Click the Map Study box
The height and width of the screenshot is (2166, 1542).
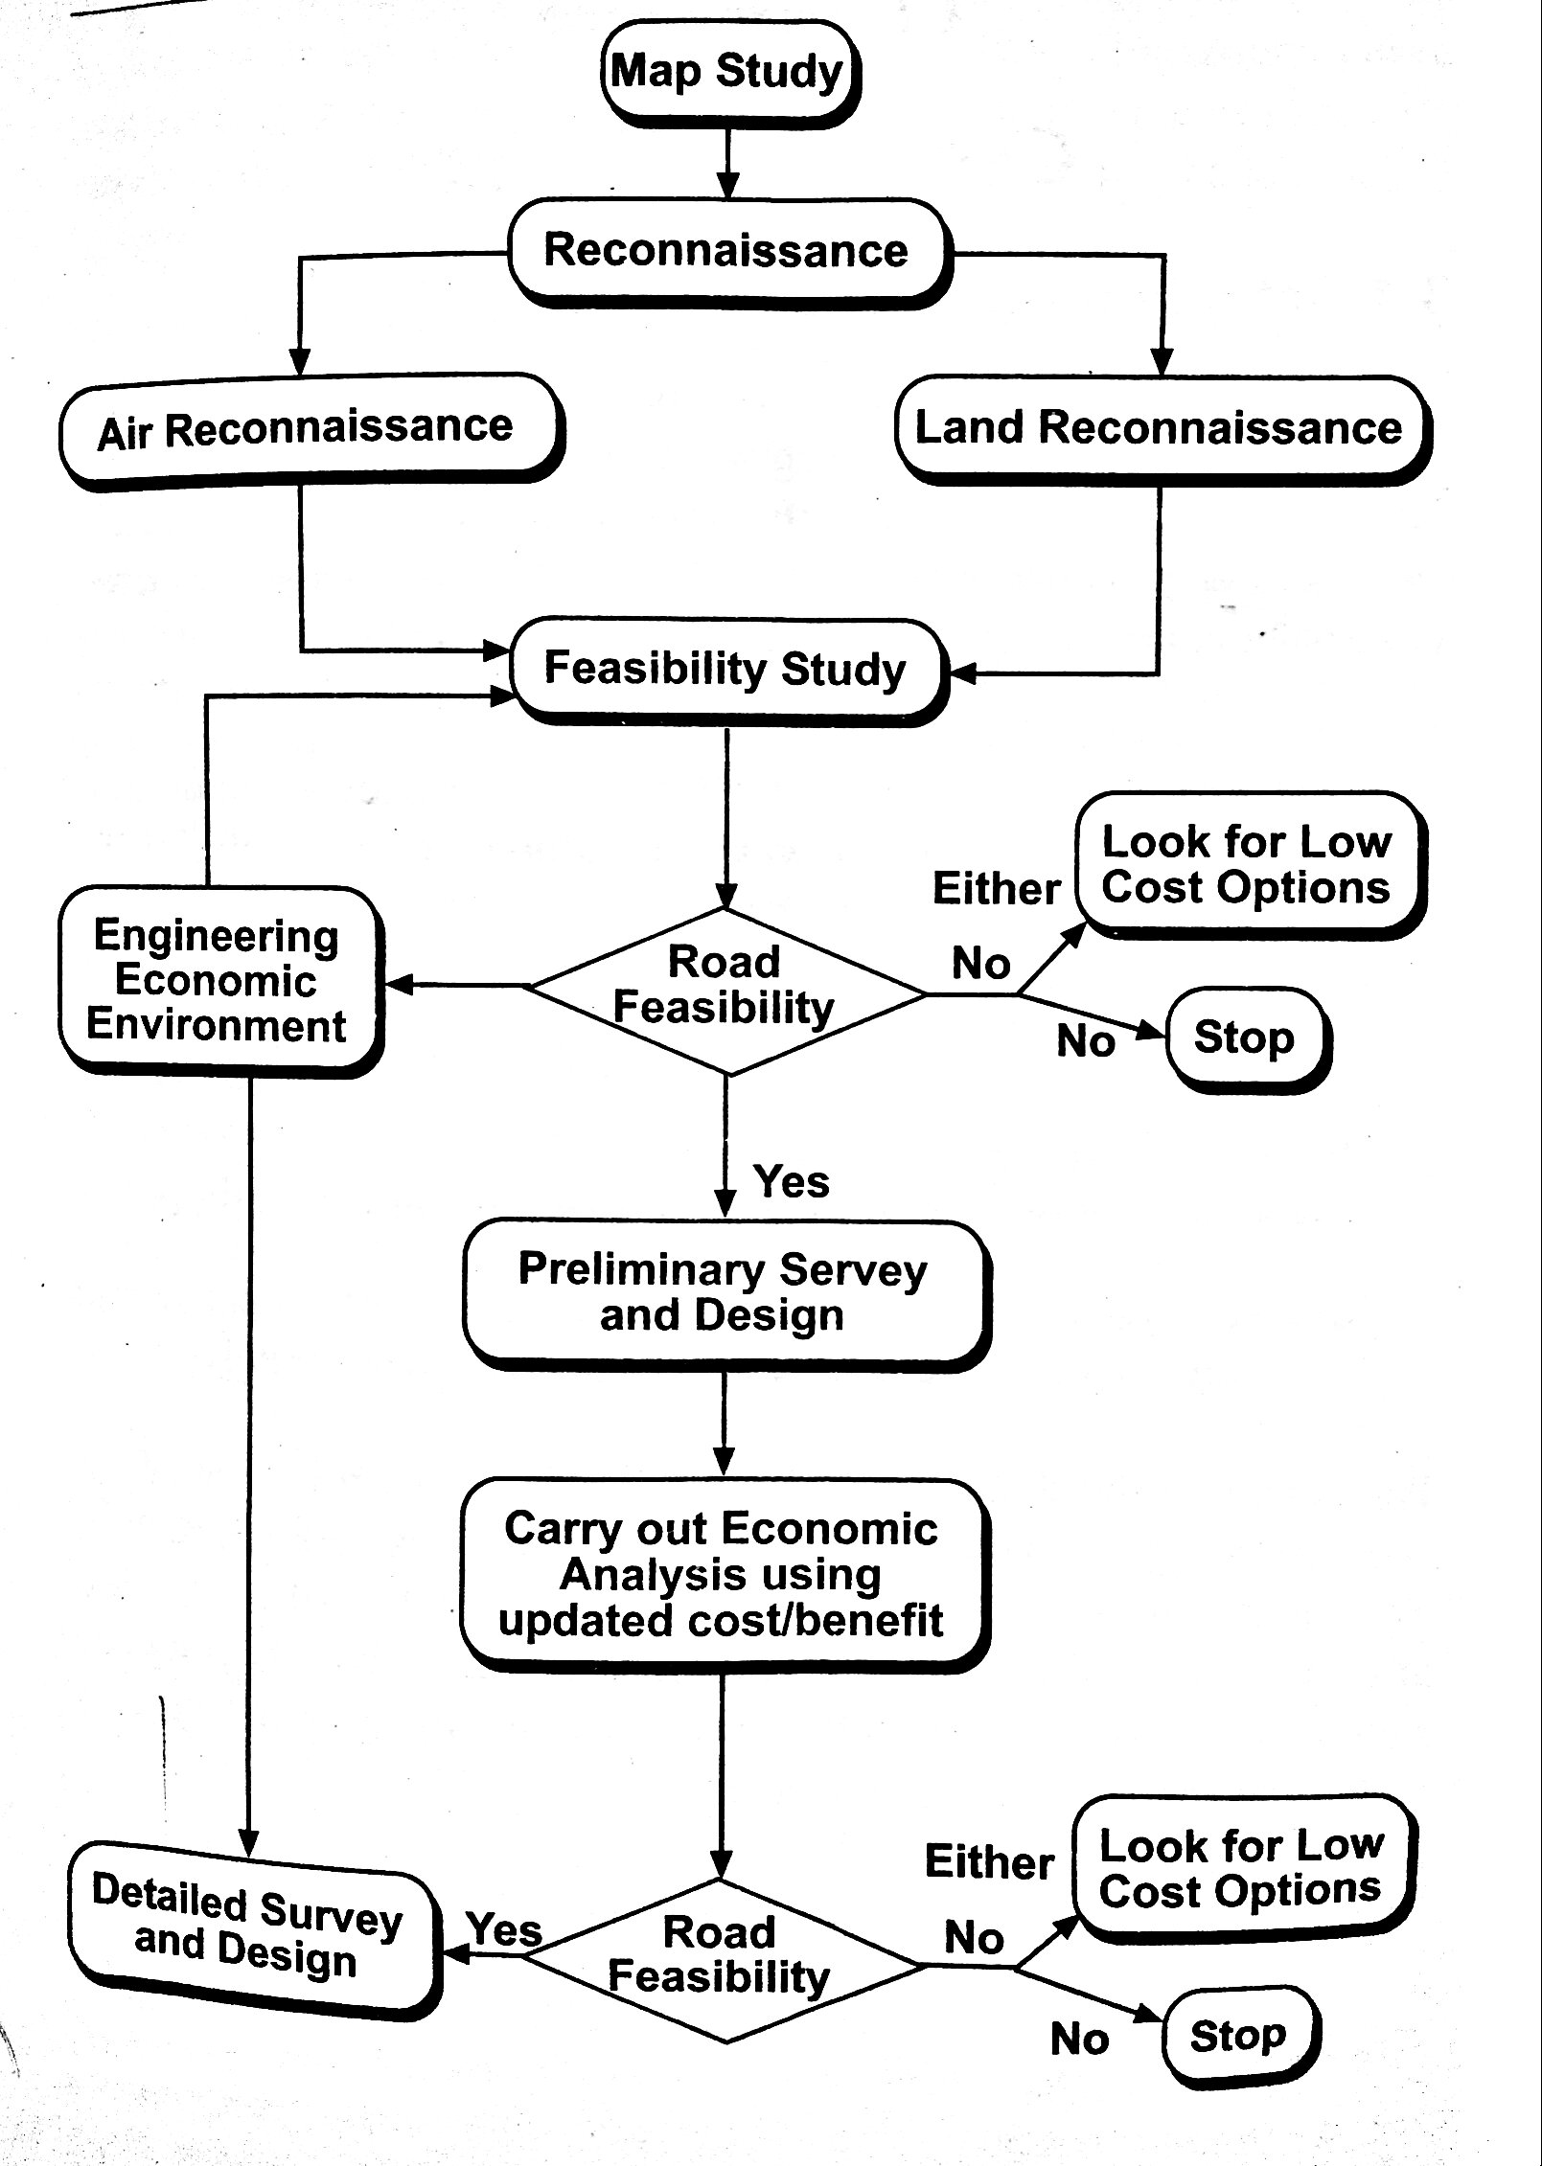729,72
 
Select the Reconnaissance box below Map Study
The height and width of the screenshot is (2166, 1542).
726,251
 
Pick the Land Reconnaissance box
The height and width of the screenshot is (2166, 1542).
1160,427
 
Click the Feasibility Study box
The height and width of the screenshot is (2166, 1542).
725,669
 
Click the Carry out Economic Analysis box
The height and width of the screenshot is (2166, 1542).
723,1574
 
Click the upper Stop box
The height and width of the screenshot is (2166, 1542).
1244,1037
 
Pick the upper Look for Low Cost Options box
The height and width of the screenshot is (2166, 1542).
1246,864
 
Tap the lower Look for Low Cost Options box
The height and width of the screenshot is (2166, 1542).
1241,1868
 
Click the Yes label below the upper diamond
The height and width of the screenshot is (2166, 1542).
792,1181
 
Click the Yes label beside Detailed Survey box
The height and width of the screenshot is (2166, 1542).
505,1928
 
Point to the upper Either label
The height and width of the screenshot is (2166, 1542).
997,889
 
